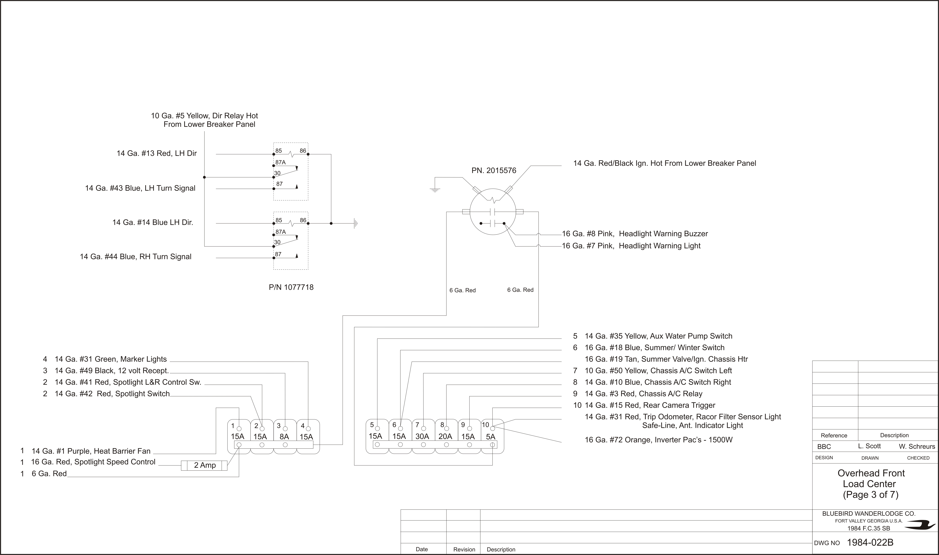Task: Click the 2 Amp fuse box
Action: pos(204,465)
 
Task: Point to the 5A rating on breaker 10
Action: pos(490,436)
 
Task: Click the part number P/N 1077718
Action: pos(291,287)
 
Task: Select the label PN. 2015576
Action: pos(494,171)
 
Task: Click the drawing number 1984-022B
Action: pos(870,542)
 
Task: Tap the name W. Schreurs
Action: pos(917,446)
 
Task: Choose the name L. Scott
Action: pos(870,446)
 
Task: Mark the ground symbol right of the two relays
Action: pos(356,224)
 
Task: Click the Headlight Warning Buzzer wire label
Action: pos(635,234)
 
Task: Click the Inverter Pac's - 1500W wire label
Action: pos(659,440)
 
